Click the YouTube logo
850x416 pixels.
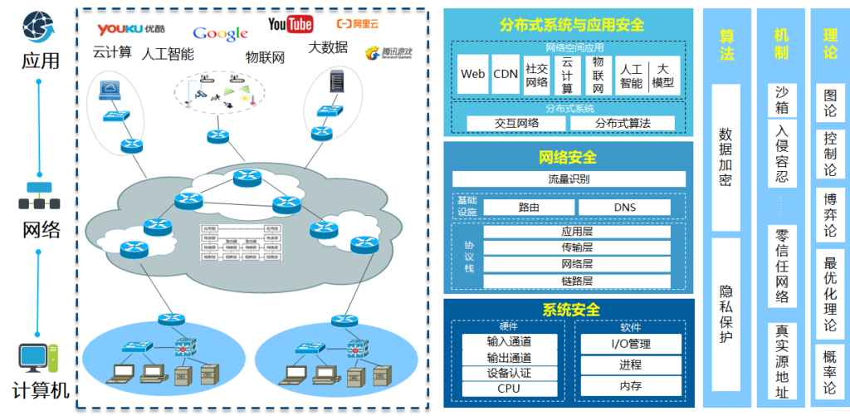point(291,24)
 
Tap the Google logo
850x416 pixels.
point(220,33)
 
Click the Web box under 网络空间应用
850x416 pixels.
point(472,74)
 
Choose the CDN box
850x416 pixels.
point(506,74)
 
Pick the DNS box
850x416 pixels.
point(624,208)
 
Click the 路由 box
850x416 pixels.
point(529,208)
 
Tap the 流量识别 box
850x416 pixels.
point(569,179)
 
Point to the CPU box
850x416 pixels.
point(509,389)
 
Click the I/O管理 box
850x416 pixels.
point(630,344)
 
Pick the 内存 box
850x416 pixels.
point(630,386)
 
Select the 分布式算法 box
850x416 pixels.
point(622,123)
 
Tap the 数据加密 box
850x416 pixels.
point(725,157)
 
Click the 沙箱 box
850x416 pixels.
point(781,100)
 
